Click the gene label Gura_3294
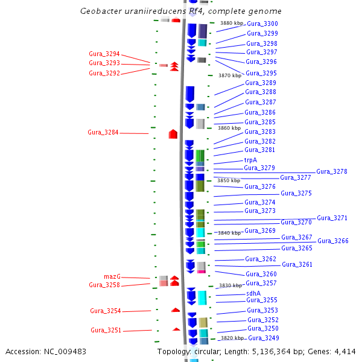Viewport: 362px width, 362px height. click(x=104, y=54)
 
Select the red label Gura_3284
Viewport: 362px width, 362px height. click(x=103, y=132)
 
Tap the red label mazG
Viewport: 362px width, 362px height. click(x=112, y=276)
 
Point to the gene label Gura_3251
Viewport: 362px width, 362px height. click(x=106, y=330)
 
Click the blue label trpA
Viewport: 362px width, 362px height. click(x=250, y=160)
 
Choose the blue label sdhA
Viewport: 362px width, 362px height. click(x=253, y=293)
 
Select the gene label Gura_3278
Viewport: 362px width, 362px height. click(x=331, y=171)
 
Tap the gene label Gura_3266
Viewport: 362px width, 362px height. click(x=333, y=241)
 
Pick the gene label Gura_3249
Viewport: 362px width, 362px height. click(x=263, y=337)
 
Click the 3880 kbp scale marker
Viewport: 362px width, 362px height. click(x=231, y=23)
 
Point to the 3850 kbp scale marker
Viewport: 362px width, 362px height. click(x=228, y=180)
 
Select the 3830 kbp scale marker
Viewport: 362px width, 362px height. click(x=230, y=285)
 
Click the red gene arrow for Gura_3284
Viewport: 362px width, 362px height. click(x=173, y=133)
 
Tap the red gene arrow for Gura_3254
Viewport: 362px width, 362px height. click(x=176, y=310)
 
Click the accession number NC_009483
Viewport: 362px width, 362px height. click(x=65, y=351)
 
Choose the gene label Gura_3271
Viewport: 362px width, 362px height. click(x=332, y=218)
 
